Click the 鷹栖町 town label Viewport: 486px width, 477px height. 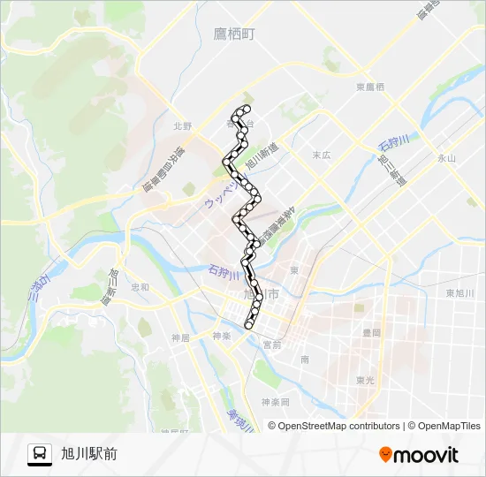pos(233,34)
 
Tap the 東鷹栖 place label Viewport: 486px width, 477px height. pos(370,87)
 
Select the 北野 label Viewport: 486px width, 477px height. pos(183,126)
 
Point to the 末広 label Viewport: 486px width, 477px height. pos(321,155)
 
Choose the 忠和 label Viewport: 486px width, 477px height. pos(140,287)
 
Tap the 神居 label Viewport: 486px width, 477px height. pos(180,337)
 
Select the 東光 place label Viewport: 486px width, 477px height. pos(366,380)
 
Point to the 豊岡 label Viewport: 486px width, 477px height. pos(371,332)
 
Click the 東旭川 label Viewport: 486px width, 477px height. pos(459,292)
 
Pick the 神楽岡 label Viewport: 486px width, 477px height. pos(275,403)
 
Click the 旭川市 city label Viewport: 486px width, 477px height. pos(261,294)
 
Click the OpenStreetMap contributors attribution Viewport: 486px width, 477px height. pos(338,426)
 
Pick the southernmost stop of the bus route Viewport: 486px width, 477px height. pos(249,325)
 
